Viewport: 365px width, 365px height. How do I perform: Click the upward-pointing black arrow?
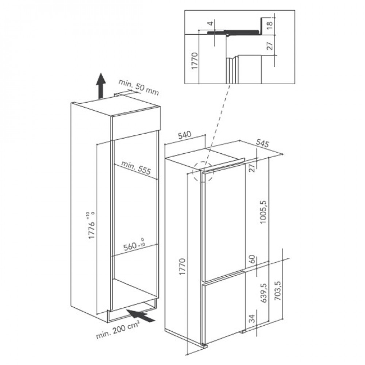pyautogui.click(x=101, y=86)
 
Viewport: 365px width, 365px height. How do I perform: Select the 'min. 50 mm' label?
pyautogui.click(x=139, y=87)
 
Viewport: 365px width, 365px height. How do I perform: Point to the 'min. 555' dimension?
pyautogui.click(x=136, y=168)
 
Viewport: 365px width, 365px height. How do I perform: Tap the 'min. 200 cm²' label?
pyautogui.click(x=118, y=330)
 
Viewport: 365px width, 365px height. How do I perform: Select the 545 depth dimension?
pyautogui.click(x=262, y=143)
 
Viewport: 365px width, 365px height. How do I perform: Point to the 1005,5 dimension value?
pyautogui.click(x=263, y=212)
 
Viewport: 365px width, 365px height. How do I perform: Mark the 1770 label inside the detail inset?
pyautogui.click(x=195, y=61)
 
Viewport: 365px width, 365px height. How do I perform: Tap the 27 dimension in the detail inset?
pyautogui.click(x=269, y=46)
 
